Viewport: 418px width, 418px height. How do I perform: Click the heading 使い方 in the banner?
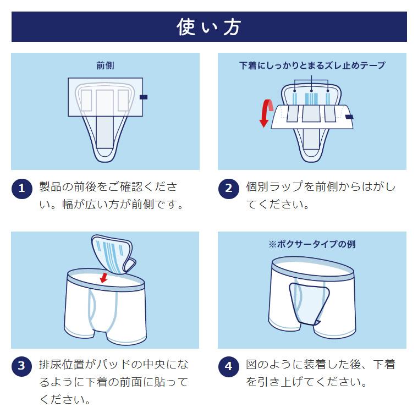pyautogui.click(x=208, y=26)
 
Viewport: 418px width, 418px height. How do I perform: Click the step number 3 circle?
pyautogui.click(x=22, y=366)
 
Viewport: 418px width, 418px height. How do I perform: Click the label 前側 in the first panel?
pyautogui.click(x=105, y=65)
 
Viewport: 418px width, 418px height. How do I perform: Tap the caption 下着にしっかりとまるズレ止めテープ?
pyautogui.click(x=312, y=65)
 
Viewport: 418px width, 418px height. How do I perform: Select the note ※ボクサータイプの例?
pyautogui.click(x=312, y=244)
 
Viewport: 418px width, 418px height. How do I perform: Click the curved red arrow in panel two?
pyautogui.click(x=266, y=113)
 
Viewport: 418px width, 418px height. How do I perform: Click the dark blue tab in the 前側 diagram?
pyautogui.click(x=144, y=97)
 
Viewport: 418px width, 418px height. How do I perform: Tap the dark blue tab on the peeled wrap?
pyautogui.click(x=349, y=117)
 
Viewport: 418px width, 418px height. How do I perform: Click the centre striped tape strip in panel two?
pyautogui.click(x=311, y=100)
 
